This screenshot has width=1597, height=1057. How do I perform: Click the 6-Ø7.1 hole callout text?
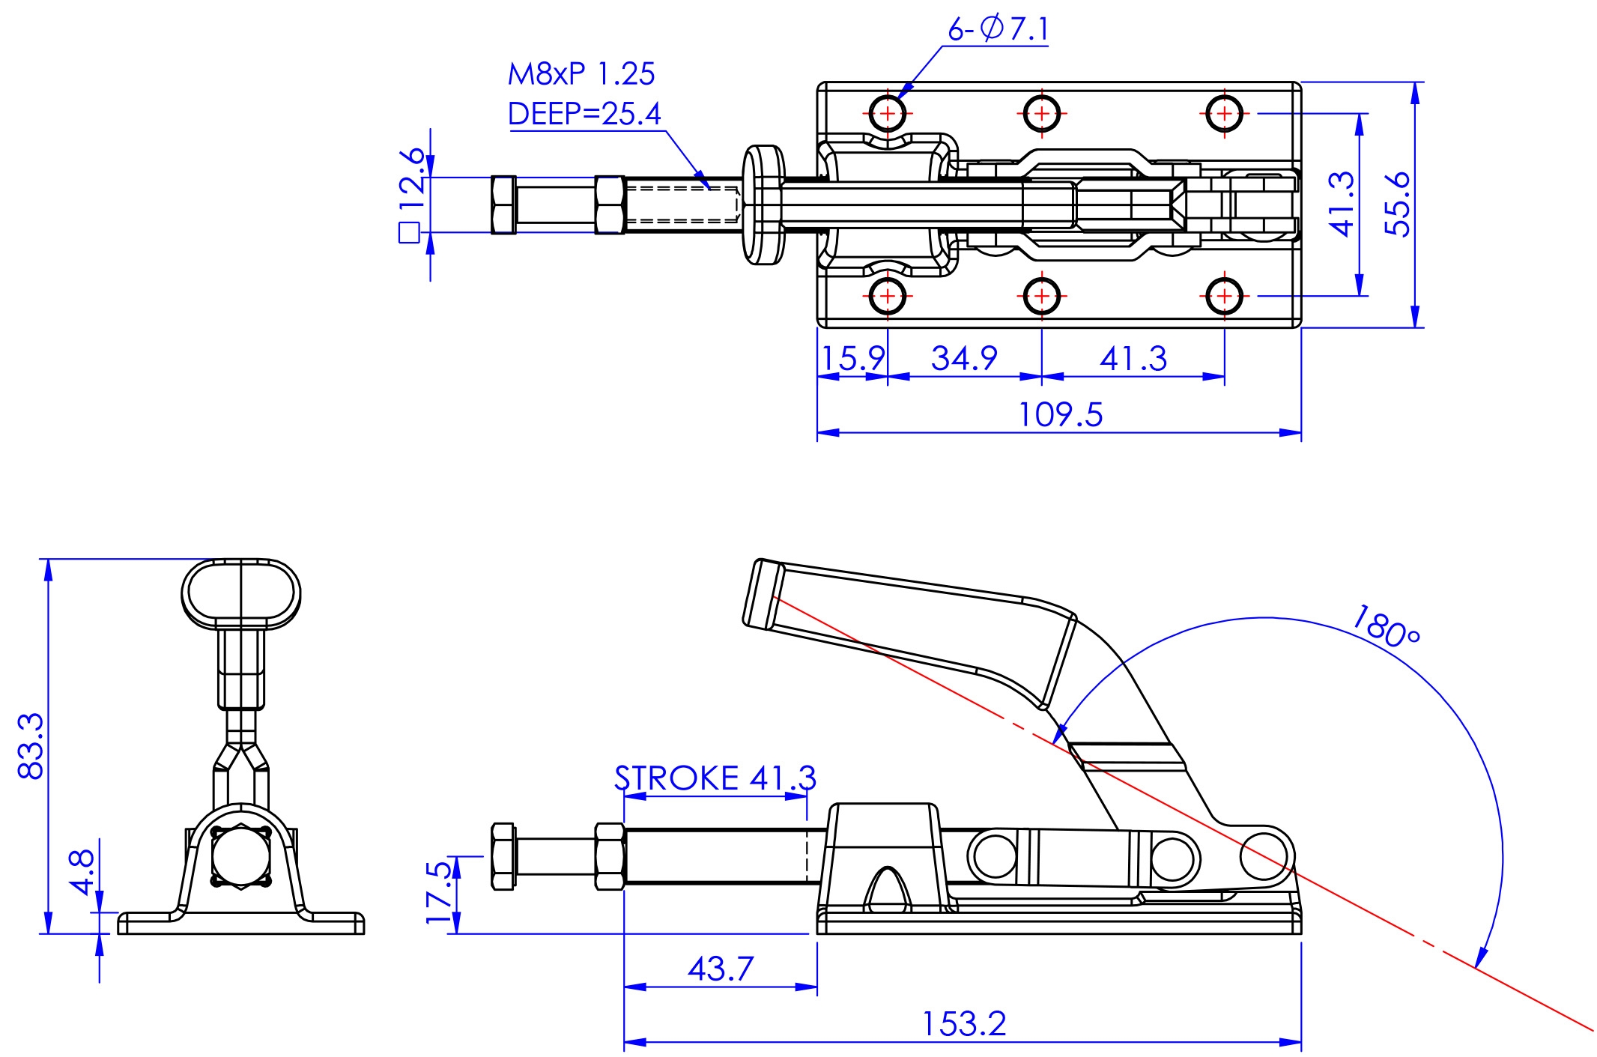(998, 30)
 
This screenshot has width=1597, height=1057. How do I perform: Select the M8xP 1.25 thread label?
(581, 74)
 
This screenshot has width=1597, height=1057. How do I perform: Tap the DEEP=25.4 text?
(584, 114)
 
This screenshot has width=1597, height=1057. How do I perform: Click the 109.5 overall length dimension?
(1061, 414)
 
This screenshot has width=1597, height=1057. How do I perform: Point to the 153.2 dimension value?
(963, 1024)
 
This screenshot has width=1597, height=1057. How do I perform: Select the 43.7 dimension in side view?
(720, 969)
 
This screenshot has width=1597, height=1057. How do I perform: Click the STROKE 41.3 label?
(715, 778)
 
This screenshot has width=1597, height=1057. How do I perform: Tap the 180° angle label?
(1386, 626)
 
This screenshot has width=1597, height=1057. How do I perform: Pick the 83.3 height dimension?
(31, 746)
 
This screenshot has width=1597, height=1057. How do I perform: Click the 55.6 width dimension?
(1398, 204)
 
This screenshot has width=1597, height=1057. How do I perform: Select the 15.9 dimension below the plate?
(852, 358)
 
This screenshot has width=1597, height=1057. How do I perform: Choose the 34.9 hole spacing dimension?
(964, 358)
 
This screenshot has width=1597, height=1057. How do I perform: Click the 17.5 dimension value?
(439, 892)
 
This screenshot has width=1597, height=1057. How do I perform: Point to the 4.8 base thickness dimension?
(82, 871)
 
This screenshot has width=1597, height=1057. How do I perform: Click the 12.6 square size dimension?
(412, 180)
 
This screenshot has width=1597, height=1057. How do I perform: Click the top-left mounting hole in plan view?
(888, 114)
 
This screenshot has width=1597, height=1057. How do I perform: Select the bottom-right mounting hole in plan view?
(1225, 296)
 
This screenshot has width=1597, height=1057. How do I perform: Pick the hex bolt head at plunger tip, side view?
(503, 856)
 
